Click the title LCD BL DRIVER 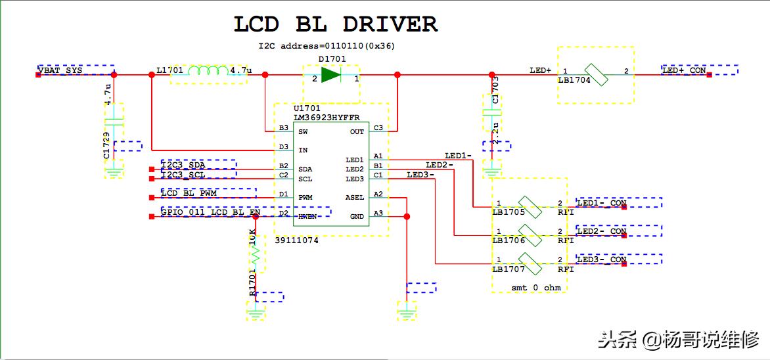point(335,24)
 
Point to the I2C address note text point(327,47)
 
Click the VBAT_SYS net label point(60,70)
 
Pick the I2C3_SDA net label point(184,165)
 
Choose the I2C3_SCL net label point(184,175)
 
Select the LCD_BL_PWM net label point(189,193)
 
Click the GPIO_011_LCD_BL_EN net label point(211,212)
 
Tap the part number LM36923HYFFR point(326,117)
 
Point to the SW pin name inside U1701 point(303,131)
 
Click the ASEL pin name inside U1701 point(354,197)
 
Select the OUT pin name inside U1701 point(357,131)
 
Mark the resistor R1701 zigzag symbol point(256,251)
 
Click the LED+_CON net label point(684,70)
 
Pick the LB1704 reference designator point(574,80)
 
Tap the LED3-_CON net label point(601,259)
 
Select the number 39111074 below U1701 point(296,240)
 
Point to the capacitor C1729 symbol point(114,122)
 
